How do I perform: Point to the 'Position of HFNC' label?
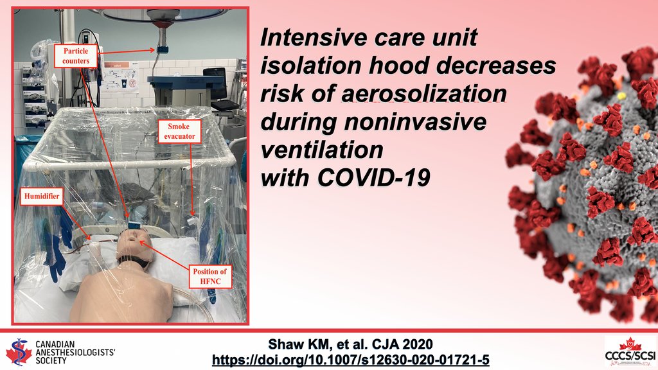point(209,277)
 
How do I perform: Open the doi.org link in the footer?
point(350,359)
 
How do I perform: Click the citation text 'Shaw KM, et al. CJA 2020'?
point(350,343)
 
